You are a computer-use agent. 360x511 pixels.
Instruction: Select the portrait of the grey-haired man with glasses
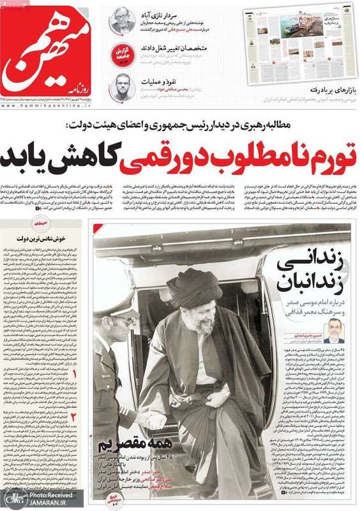click(x=121, y=20)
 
